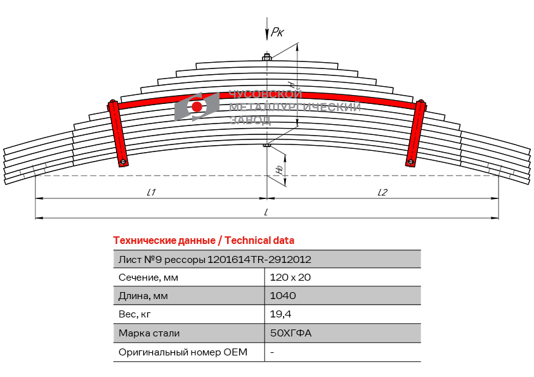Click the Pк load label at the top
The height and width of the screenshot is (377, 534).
(x=277, y=32)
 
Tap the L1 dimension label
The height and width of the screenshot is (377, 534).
(x=151, y=193)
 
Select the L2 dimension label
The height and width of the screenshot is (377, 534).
(x=382, y=193)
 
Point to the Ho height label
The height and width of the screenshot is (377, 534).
(x=280, y=170)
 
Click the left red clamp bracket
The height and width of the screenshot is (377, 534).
(x=118, y=133)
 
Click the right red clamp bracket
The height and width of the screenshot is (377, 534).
(x=416, y=133)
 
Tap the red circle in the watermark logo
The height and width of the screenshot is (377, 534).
(x=197, y=106)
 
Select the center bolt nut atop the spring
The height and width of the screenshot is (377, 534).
(x=266, y=57)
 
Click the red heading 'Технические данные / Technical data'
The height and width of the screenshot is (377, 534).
(x=204, y=241)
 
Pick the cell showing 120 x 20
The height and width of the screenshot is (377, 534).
(x=290, y=278)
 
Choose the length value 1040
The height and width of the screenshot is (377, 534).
(x=283, y=296)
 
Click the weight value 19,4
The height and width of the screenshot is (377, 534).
(x=280, y=314)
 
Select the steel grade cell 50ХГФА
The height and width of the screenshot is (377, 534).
(x=290, y=333)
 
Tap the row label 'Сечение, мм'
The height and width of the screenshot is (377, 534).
(x=148, y=278)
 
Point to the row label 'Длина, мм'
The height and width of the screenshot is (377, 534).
(x=143, y=296)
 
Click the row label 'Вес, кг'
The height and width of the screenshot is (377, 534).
(x=134, y=314)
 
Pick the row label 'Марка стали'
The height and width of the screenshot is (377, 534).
(x=149, y=333)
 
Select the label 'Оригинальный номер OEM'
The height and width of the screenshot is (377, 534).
(x=183, y=352)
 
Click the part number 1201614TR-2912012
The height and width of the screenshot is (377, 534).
(x=259, y=260)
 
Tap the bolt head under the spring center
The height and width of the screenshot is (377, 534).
(x=266, y=146)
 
